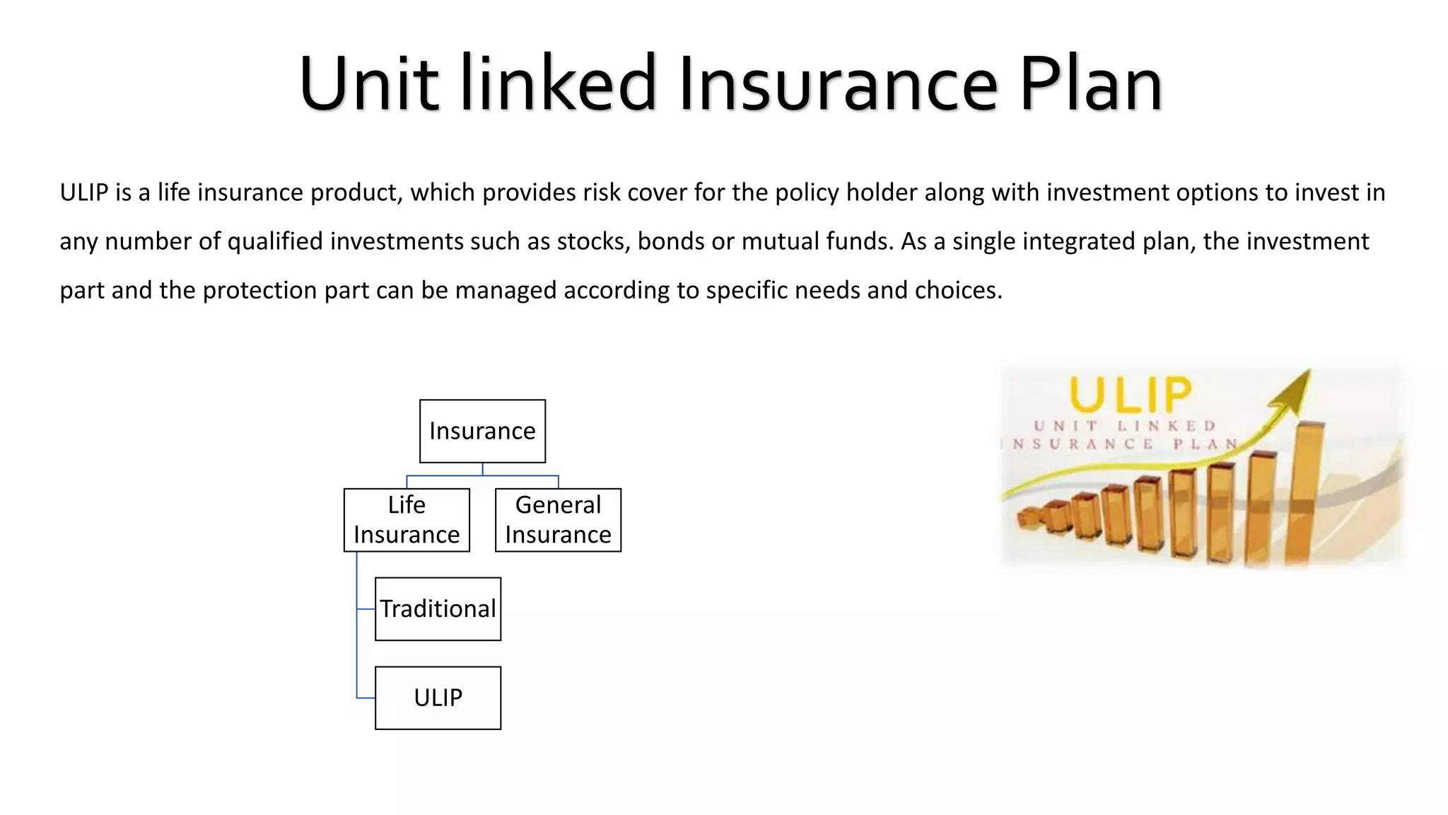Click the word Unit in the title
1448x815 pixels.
click(368, 83)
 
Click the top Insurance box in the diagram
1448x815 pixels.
click(482, 431)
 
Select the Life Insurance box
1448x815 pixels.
click(407, 520)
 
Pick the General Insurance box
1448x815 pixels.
click(558, 520)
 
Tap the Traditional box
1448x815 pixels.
click(438, 609)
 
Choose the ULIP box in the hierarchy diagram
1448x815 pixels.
click(438, 698)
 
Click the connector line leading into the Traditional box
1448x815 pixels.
click(366, 609)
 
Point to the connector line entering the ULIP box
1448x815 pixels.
click(366, 698)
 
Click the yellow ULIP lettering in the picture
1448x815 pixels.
click(1130, 395)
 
